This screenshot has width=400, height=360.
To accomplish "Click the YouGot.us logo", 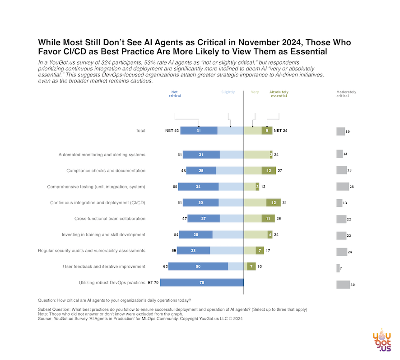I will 381,341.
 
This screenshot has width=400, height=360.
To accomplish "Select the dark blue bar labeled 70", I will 202,283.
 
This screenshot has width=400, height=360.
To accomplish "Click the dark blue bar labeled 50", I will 198,266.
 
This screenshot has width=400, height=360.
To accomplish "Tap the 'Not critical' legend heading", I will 175,94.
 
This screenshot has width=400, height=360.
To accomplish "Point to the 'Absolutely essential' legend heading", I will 279,94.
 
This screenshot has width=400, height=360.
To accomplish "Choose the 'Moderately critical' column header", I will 346,94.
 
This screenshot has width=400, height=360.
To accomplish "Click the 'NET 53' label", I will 172,131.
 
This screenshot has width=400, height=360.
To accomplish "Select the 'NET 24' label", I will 280,131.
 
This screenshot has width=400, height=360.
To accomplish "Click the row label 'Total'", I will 140,131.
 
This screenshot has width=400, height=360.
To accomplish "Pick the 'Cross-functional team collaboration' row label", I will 110,219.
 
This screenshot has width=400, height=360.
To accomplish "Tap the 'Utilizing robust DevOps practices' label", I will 112,283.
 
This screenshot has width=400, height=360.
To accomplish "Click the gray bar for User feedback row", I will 338,268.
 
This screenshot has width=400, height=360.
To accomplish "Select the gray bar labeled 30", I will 343,284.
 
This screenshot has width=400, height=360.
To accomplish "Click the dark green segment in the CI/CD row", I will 273,203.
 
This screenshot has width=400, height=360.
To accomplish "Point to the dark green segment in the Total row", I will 267,131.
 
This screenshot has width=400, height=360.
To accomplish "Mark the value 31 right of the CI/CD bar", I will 284,203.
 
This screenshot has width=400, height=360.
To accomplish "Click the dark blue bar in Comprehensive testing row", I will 198,187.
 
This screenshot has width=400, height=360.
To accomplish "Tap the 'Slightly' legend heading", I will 228,92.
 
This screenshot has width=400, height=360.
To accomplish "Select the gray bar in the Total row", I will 340,131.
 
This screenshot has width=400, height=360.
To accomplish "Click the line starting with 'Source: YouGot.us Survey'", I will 140,318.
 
